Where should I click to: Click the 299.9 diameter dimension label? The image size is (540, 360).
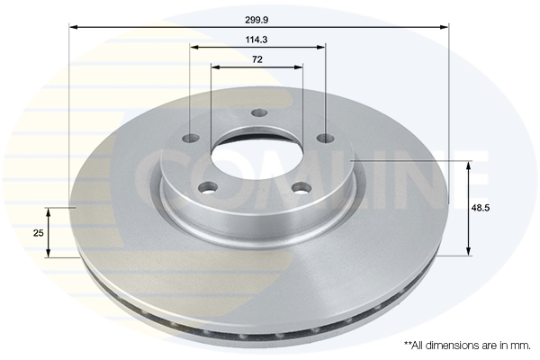256,20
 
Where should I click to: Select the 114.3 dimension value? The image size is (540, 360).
256,40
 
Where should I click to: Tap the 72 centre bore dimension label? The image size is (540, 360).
257,59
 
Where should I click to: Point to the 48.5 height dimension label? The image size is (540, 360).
481,208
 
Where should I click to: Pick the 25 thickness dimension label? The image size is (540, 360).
38,233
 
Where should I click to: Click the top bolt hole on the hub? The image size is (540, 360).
259,112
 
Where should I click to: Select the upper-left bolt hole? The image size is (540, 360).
191,139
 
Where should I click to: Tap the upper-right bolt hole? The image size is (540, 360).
326,139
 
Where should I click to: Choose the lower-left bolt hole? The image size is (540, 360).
209,188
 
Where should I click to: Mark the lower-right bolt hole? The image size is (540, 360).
301,188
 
